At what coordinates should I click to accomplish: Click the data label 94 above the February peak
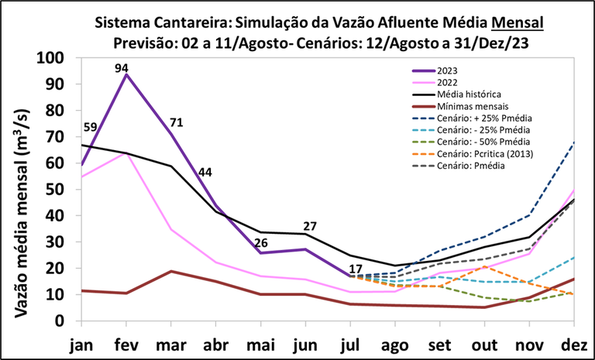point(122,69)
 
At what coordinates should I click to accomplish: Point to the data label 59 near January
point(91,129)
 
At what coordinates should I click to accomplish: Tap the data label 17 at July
point(356,269)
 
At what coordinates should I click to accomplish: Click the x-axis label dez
point(576,345)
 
